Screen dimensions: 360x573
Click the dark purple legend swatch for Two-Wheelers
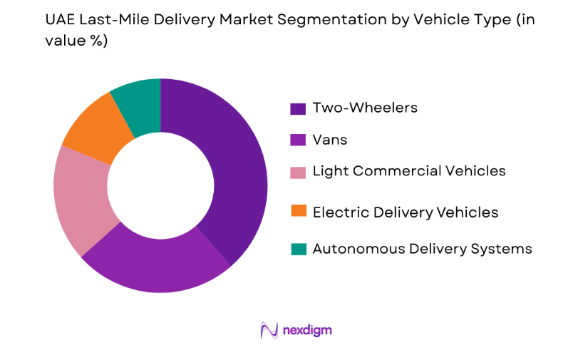pyautogui.click(x=298, y=108)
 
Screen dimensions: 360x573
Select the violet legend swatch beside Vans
pyautogui.click(x=298, y=140)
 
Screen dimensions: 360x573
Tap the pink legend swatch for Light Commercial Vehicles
pyautogui.click(x=298, y=171)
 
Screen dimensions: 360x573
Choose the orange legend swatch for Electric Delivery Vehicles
pyautogui.click(x=298, y=212)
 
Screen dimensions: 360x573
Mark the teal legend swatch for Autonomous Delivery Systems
pyautogui.click(x=298, y=249)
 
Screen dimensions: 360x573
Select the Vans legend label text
pyautogui.click(x=329, y=140)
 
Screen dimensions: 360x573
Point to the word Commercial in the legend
pyautogui.click(x=417, y=171)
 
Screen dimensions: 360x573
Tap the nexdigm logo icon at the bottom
pyautogui.click(x=269, y=330)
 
